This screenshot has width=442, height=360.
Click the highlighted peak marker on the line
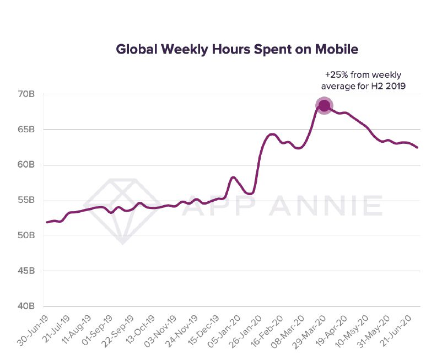pos(324,106)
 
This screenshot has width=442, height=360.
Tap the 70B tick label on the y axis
pos(26,94)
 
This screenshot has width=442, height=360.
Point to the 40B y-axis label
pos(26,307)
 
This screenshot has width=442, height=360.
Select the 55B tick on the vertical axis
pos(26,201)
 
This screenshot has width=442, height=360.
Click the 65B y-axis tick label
pos(26,130)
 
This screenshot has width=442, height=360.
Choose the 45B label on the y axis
pos(26,271)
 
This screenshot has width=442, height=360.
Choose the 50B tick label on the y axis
pos(26,236)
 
